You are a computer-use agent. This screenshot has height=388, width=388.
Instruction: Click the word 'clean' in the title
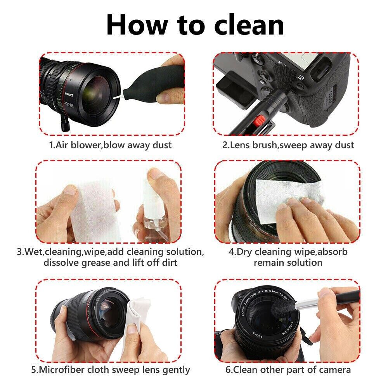click(x=249, y=25)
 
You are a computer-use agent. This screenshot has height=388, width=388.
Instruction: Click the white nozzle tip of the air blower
click(x=118, y=97)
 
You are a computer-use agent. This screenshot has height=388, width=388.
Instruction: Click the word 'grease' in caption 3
click(x=96, y=263)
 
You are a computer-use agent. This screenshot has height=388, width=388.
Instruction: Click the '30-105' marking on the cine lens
click(x=69, y=104)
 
